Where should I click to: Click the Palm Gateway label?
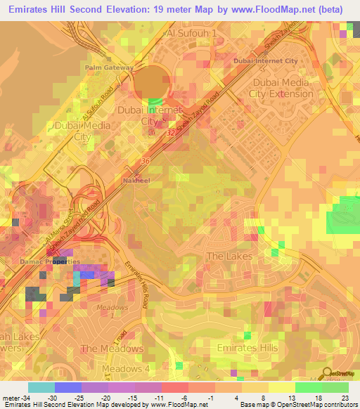[109, 67]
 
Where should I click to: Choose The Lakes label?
[229, 257]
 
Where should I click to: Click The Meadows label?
[112, 348]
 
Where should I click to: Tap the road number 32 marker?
[172, 131]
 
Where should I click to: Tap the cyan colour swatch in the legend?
[41, 387]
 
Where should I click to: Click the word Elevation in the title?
[124, 9]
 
